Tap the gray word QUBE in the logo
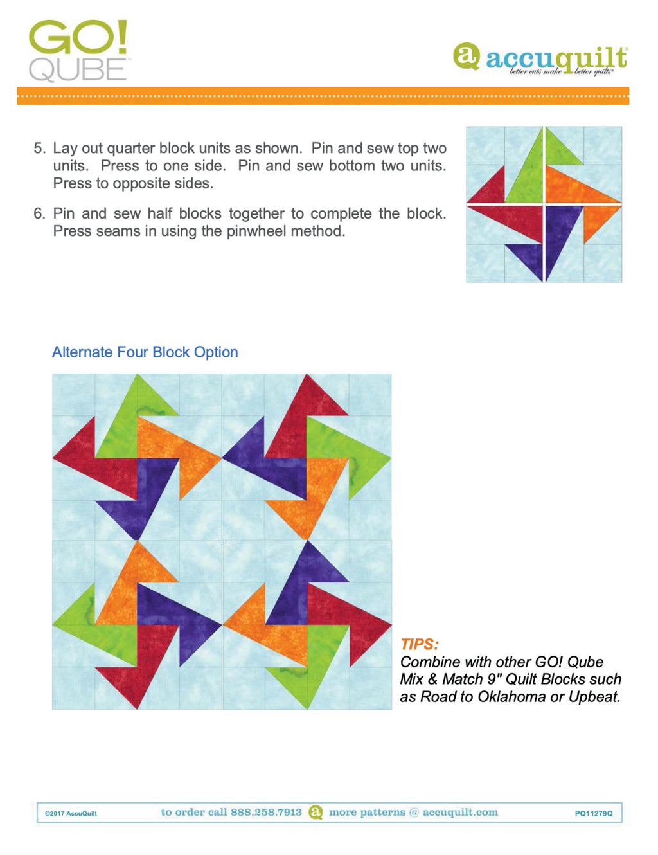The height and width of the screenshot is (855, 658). click(x=77, y=70)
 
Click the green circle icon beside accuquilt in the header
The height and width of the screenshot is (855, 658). click(x=467, y=56)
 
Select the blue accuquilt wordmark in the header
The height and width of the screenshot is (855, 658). click(x=556, y=59)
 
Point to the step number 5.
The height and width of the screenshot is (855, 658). click(x=39, y=148)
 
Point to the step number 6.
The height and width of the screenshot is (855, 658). click(x=39, y=214)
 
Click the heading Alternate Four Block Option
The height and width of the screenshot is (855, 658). click(x=145, y=352)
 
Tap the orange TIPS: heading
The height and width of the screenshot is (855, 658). click(x=419, y=644)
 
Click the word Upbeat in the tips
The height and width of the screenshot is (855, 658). click(x=594, y=697)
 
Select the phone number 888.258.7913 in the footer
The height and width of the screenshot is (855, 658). click(x=266, y=812)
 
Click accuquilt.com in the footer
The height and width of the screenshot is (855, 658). click(x=460, y=812)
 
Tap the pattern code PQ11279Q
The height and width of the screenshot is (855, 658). click(x=593, y=813)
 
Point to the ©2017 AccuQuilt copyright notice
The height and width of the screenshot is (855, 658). click(x=71, y=813)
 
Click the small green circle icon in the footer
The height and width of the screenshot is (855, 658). click(x=316, y=812)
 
